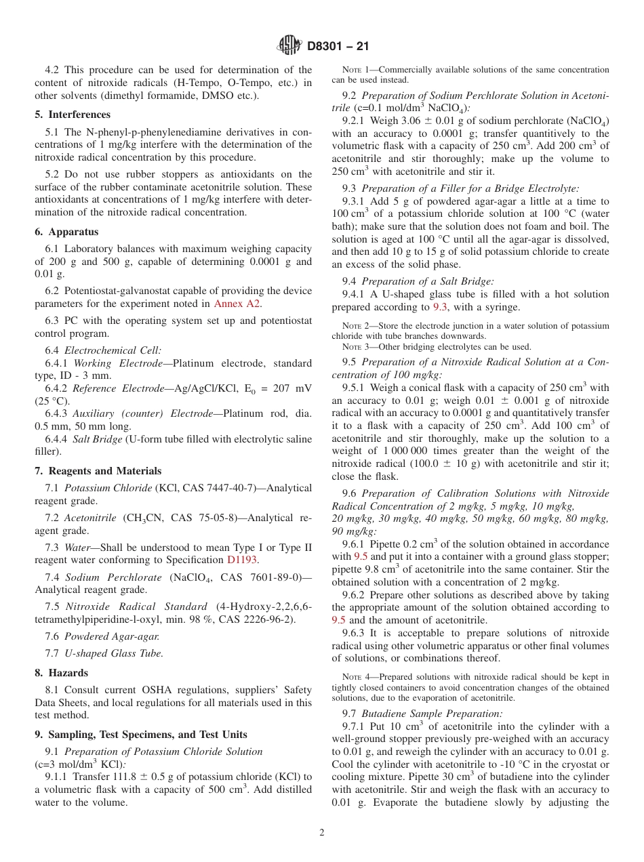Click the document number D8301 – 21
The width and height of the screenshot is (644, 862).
(338, 46)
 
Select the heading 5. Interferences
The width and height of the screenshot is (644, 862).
(73, 115)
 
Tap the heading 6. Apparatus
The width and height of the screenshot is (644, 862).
(66, 232)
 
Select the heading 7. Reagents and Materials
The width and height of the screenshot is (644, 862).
(98, 471)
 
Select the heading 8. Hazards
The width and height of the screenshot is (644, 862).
(62, 673)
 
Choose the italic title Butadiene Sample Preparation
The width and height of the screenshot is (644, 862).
(432, 714)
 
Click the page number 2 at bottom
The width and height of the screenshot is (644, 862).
(322, 833)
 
